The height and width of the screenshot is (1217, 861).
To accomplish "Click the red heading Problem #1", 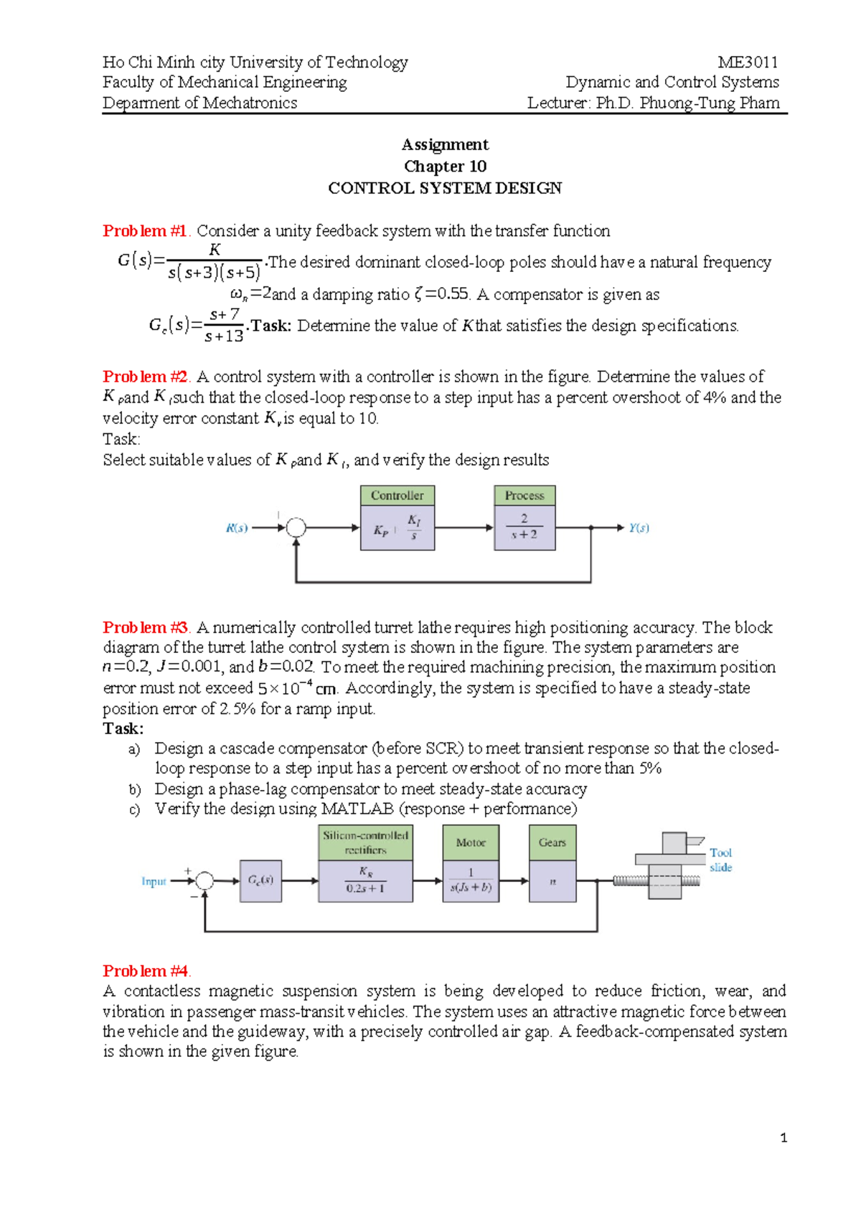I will (145, 231).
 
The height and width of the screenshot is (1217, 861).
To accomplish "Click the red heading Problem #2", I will (145, 377).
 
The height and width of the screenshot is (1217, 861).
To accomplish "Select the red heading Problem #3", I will (145, 628).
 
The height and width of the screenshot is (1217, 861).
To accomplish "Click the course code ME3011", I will (748, 62).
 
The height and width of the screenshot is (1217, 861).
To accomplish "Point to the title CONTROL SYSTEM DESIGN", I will (445, 188).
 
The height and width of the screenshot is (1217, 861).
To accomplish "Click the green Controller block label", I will (397, 495).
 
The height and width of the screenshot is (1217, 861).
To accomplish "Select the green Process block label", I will (524, 495).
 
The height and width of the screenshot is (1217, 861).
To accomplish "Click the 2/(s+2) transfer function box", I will (524, 527).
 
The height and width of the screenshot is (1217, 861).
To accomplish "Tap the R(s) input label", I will (237, 528).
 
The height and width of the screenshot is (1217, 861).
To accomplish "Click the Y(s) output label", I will (639, 528).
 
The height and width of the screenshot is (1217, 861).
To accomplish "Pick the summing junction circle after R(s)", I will (296, 528).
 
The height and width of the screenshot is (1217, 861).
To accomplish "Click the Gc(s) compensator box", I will (260, 880).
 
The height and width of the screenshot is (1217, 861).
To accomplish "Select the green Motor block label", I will (471, 842).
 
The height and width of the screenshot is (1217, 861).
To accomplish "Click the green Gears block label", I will (552, 842).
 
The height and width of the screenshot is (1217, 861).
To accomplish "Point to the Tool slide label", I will (720, 860).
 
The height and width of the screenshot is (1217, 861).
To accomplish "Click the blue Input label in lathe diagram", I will (154, 881).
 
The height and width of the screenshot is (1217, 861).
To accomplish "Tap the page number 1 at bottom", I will (784, 1137).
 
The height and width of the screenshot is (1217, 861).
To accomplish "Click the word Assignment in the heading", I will (445, 144).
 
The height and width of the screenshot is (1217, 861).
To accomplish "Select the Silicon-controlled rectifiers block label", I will (365, 842).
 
